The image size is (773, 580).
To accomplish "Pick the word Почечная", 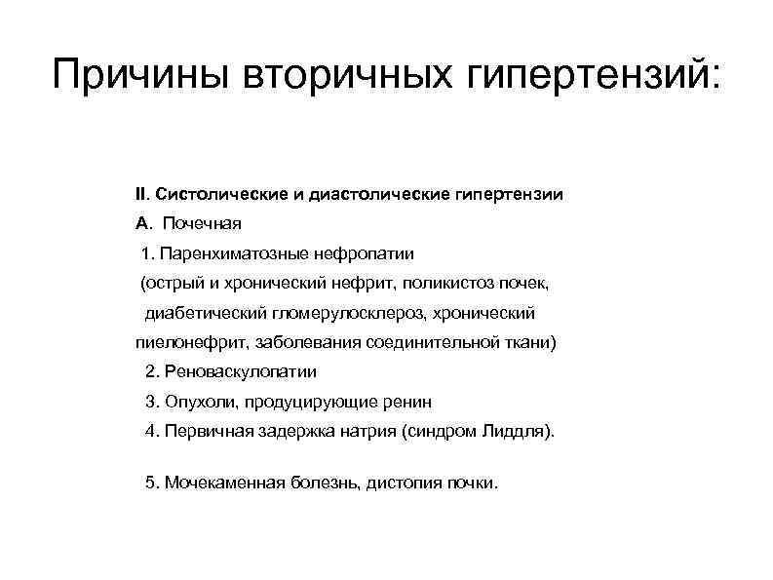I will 202,224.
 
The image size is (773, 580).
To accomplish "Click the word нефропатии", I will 363,254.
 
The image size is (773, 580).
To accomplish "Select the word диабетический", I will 201,313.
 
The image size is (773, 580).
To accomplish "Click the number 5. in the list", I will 151,483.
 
